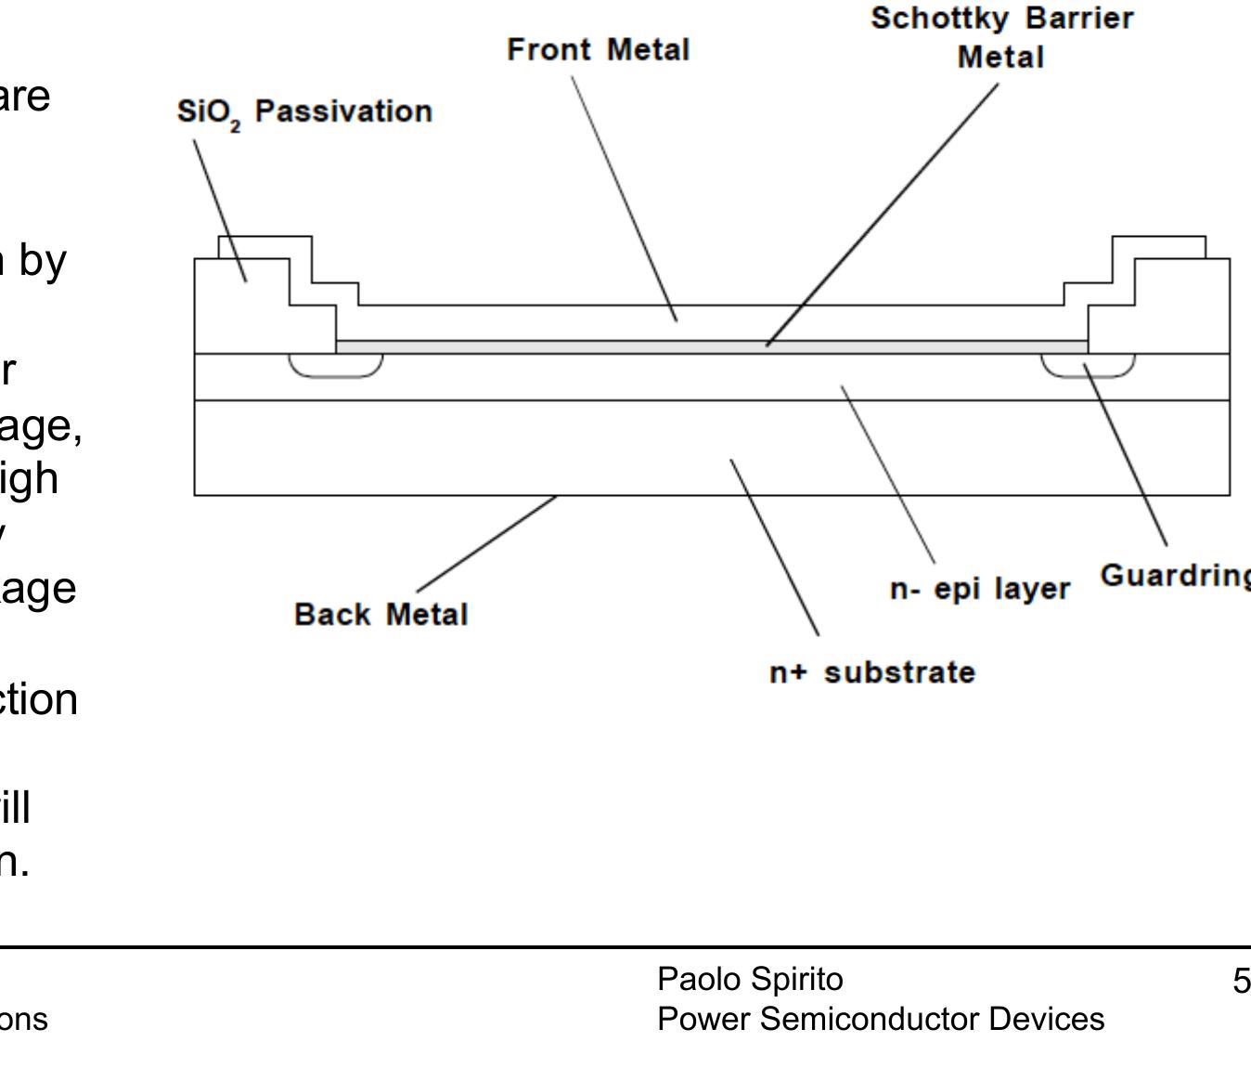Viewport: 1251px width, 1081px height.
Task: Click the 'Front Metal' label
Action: pos(598,49)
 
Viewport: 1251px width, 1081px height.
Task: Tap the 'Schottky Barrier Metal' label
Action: pos(1001,38)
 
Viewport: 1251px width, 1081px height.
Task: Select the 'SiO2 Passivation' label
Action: pos(304,112)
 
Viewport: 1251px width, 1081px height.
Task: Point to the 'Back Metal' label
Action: pos(380,614)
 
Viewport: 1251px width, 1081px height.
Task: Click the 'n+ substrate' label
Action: pos(872,671)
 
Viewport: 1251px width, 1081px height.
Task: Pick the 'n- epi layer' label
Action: pos(979,589)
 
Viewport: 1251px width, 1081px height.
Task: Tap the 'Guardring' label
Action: pos(1175,576)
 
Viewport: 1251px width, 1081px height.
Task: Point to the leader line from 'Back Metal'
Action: pos(487,543)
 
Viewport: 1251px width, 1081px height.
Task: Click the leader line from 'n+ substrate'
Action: pos(774,547)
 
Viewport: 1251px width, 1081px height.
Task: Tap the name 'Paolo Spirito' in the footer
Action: pos(750,979)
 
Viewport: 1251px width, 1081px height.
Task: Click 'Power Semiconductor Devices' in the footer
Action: pos(880,1019)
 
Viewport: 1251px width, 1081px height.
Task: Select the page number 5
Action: pos(1241,981)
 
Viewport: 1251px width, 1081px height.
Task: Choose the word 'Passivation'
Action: pos(343,111)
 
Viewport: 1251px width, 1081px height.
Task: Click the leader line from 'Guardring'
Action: pos(1125,455)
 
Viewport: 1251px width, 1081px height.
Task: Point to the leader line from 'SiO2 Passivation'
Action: pos(220,210)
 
